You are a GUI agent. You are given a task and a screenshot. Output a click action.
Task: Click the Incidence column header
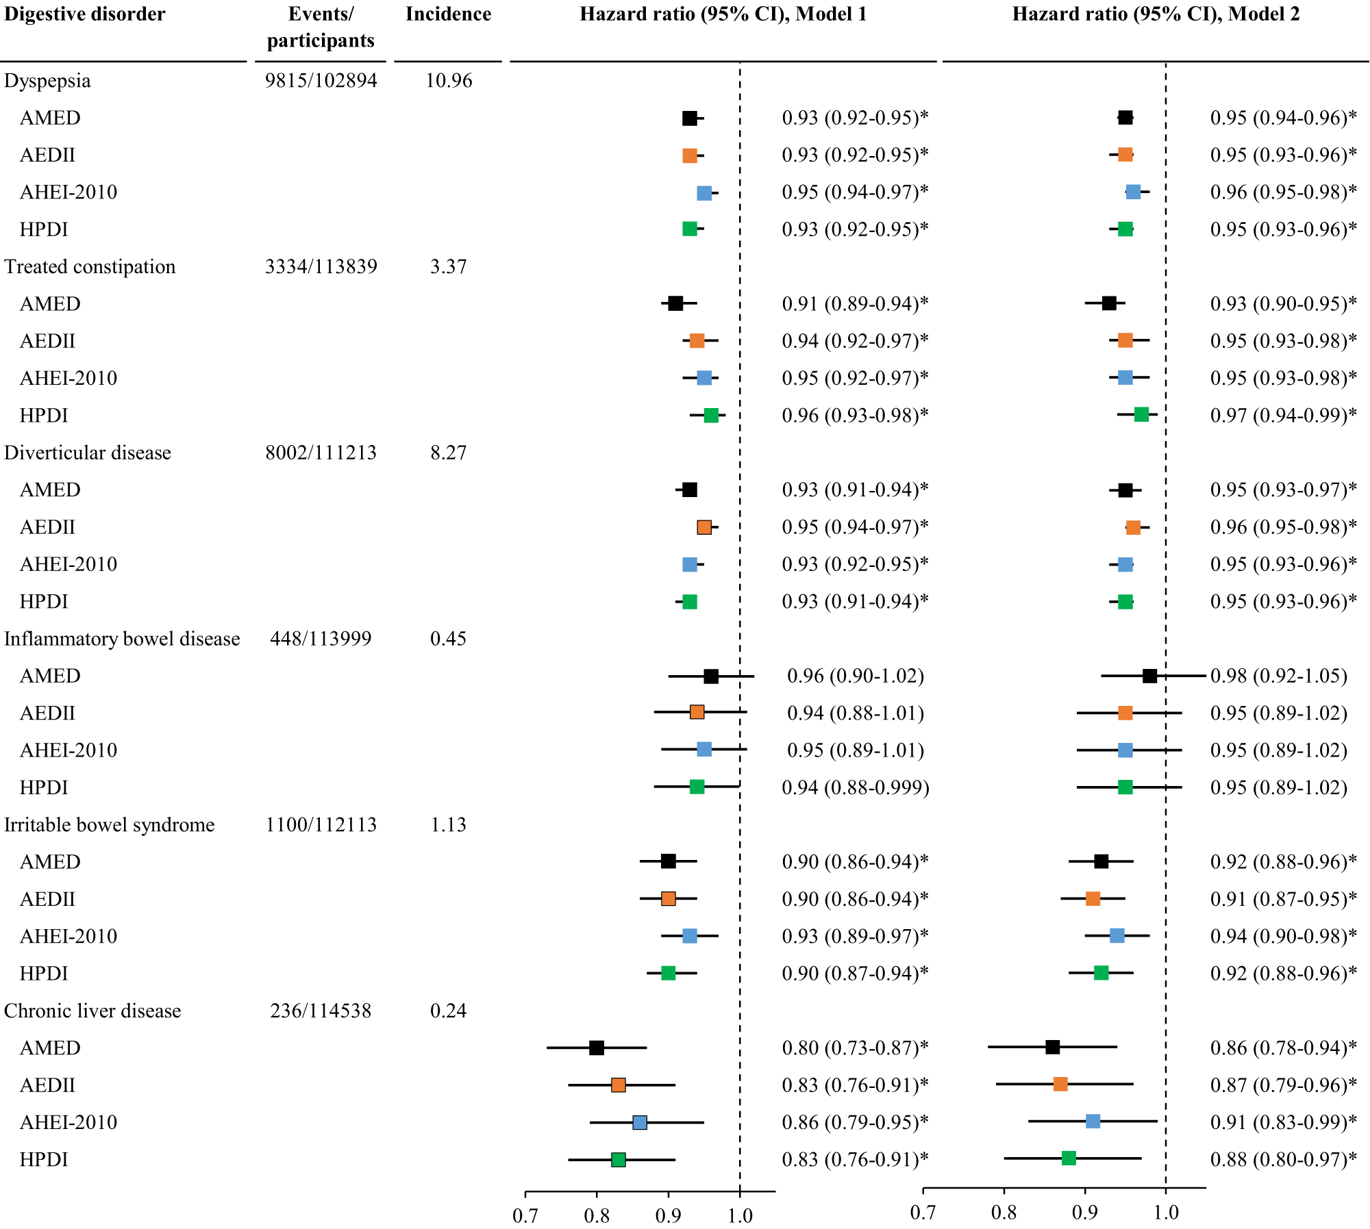[448, 14]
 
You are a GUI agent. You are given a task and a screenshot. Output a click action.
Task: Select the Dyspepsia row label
[47, 81]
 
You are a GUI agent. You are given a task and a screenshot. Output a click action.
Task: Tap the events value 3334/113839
[321, 266]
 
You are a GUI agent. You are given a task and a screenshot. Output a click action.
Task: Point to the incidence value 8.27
[448, 453]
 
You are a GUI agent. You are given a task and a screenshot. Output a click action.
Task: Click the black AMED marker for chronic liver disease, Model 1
[597, 1048]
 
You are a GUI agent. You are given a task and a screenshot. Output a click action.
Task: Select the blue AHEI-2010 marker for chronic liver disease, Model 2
[1093, 1122]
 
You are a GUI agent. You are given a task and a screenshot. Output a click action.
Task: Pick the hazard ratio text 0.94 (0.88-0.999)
[855, 787]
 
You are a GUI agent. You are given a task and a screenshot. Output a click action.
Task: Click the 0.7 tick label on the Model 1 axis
[525, 1216]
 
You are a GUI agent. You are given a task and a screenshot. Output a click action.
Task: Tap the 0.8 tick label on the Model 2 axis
[1004, 1213]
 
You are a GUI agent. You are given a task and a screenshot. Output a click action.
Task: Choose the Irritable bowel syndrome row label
[110, 824]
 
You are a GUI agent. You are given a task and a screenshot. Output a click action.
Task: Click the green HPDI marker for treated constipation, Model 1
[711, 415]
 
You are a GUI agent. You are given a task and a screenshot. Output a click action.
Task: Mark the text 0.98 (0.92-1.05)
[1278, 676]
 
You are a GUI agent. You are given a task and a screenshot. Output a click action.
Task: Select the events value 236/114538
[321, 1011]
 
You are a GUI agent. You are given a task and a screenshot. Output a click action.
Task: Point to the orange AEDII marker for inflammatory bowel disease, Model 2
[1125, 713]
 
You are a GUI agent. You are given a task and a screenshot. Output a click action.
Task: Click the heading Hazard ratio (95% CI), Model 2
[1156, 14]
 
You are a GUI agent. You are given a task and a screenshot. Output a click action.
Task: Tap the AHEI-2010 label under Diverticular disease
[68, 564]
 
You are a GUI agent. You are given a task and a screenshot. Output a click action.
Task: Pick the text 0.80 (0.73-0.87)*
[855, 1048]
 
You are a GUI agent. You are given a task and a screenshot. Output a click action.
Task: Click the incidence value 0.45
[448, 639]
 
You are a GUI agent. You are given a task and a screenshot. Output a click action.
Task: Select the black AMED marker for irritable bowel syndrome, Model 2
[1101, 861]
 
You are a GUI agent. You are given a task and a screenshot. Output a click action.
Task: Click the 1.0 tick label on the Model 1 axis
[740, 1216]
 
